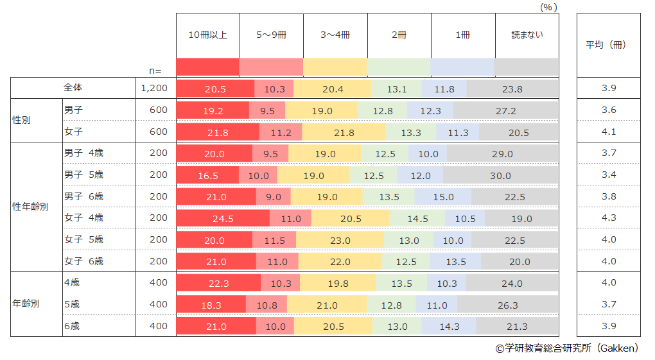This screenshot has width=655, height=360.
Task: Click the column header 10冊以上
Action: (x=207, y=35)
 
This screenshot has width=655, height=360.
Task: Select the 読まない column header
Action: (x=527, y=35)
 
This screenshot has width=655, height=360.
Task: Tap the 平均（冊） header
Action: (x=608, y=45)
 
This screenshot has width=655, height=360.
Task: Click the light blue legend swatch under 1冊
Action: (x=462, y=67)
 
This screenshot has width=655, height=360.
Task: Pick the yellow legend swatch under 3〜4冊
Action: (x=335, y=67)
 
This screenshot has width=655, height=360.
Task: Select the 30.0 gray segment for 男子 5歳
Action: (x=500, y=175)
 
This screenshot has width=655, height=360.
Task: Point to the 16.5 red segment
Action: (x=207, y=175)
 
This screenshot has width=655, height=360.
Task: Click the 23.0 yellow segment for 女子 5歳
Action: (x=340, y=240)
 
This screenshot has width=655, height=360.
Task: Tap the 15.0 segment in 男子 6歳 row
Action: (x=443, y=197)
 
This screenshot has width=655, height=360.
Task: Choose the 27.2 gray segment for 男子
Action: (x=505, y=110)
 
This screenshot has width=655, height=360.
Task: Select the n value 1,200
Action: (x=154, y=88)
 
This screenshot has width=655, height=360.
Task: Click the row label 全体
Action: (x=73, y=87)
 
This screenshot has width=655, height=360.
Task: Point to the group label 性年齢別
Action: (x=31, y=207)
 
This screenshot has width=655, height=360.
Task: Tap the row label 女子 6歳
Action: (x=83, y=261)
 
